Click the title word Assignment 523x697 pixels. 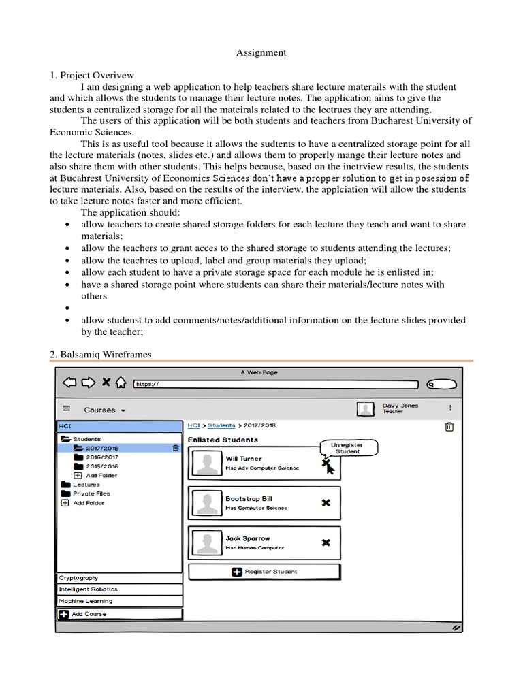click(261, 52)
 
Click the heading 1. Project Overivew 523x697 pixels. click(92, 75)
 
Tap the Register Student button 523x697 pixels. click(264, 572)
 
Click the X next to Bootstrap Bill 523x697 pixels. click(326, 502)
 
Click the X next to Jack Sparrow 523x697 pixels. click(326, 542)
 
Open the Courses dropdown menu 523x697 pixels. click(104, 410)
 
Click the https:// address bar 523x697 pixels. click(272, 384)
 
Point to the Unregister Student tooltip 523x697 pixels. click(347, 448)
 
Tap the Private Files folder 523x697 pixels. click(91, 493)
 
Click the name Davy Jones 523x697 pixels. click(400, 405)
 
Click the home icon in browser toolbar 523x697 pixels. click(120, 383)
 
